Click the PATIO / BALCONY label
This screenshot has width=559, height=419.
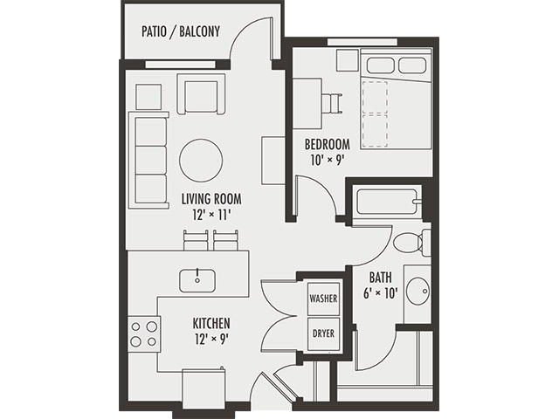pos(180,32)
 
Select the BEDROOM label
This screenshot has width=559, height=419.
pos(327,144)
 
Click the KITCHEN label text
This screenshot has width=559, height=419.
pos(211,323)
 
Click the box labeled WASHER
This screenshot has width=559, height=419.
pos(323,299)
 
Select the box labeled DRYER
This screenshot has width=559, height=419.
pos(323,333)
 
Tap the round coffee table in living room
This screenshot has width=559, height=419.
pos(201,160)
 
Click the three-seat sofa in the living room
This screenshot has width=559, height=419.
pos(148,160)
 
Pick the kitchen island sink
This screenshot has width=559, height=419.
pos(197,280)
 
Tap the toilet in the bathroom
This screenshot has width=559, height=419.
pos(411,242)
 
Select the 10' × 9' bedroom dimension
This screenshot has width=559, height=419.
pos(327,160)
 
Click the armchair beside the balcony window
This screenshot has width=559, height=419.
pos(200,94)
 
